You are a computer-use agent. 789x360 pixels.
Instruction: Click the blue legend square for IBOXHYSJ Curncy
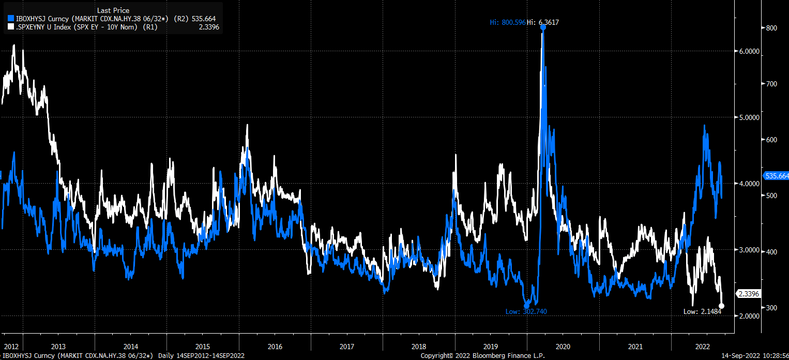[x=11, y=19]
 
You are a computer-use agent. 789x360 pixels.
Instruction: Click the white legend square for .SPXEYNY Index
[x=11, y=27]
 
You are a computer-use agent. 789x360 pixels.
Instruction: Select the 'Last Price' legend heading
[x=113, y=10]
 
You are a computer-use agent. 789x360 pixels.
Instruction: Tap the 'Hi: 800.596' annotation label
[x=507, y=22]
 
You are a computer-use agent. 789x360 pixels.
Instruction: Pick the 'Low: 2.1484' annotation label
[x=701, y=311]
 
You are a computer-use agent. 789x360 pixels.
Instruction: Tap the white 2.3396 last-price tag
[x=748, y=294]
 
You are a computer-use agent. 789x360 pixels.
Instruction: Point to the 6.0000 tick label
[x=747, y=51]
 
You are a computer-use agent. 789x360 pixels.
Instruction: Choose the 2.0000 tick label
[x=747, y=316]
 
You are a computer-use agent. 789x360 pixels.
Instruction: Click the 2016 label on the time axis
[x=275, y=346]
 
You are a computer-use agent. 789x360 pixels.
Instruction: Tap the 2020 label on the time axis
[x=563, y=346]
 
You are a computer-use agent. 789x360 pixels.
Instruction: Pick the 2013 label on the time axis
[x=58, y=346]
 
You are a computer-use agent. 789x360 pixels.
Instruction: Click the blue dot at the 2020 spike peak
[x=543, y=27]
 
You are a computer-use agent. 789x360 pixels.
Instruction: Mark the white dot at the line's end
[x=722, y=306]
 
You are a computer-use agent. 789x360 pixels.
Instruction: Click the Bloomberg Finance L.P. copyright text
[x=482, y=356]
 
